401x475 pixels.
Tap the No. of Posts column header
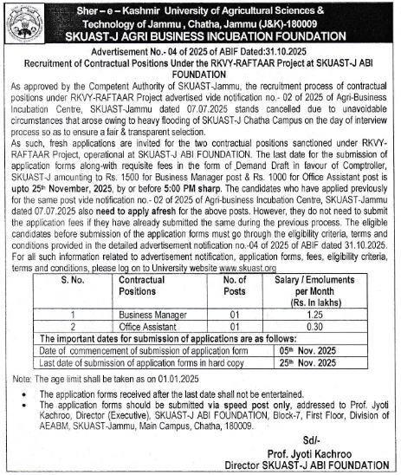pyautogui.click(x=230, y=287)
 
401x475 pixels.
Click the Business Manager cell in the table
pyautogui.click(x=152, y=316)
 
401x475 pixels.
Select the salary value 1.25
pyautogui.click(x=316, y=316)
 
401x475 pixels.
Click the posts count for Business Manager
pyautogui.click(x=230, y=316)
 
